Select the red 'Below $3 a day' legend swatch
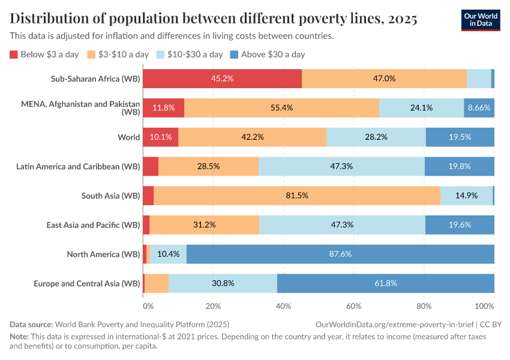pyautogui.click(x=14, y=55)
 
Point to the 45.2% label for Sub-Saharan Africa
pyautogui.click(x=222, y=79)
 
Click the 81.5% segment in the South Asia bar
pyautogui.click(x=297, y=196)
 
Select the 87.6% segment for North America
pyautogui.click(x=340, y=254)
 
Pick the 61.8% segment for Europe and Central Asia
pyautogui.click(x=385, y=283)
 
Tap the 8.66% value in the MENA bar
pyautogui.click(x=479, y=108)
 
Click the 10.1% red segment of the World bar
pyautogui.click(x=161, y=137)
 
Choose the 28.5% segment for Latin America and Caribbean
pyautogui.click(x=208, y=166)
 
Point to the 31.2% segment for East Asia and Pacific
pyautogui.click(x=204, y=225)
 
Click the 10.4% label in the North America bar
pyautogui.click(x=168, y=254)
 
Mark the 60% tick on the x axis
pyautogui.click(x=353, y=305)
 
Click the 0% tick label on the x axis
pyautogui.click(x=148, y=305)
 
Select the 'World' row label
pyautogui.click(x=128, y=137)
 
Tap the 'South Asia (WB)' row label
pyautogui.click(x=110, y=196)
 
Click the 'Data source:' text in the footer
pyautogui.click(x=31, y=325)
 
